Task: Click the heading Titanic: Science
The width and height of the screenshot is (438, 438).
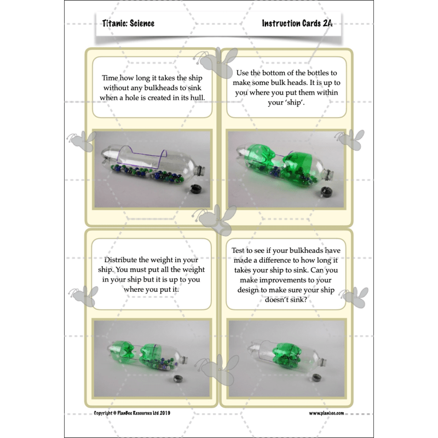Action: (x=128, y=24)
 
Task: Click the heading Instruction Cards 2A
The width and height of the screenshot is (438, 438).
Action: (x=297, y=24)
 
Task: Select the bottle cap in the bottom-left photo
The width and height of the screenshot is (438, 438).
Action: (x=180, y=378)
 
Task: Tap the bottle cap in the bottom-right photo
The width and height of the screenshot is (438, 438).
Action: (x=316, y=378)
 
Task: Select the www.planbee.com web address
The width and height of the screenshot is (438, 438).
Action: (x=326, y=413)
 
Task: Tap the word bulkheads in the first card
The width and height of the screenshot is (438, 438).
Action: (x=153, y=88)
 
